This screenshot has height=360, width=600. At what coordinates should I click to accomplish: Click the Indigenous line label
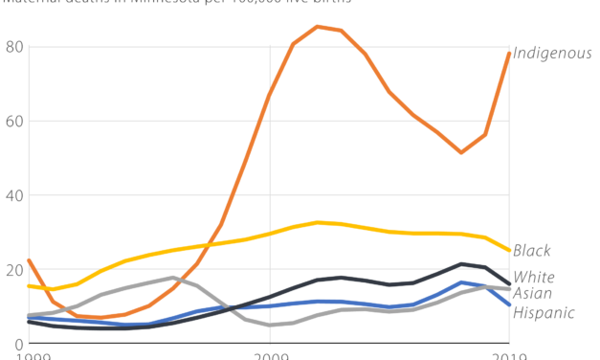(552, 53)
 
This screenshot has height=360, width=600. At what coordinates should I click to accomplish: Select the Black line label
(531, 251)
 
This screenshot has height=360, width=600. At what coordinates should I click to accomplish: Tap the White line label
(533, 278)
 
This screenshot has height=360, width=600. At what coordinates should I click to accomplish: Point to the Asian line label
(532, 293)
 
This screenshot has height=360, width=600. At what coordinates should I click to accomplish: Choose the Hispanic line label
(544, 312)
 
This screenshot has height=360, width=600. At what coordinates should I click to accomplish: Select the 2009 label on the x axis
(270, 355)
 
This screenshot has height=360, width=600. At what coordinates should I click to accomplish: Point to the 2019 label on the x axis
(509, 355)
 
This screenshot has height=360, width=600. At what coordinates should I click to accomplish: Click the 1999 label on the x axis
(29, 355)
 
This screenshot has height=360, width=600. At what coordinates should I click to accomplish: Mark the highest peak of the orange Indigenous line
(318, 27)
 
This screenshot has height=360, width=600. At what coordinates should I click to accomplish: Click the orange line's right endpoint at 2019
(509, 53)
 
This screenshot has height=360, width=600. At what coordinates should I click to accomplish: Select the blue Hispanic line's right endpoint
(509, 305)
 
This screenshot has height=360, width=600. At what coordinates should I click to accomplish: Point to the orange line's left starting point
(29, 260)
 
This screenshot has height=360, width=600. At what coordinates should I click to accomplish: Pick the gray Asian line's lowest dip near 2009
(270, 326)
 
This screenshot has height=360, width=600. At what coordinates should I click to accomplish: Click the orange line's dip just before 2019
(461, 152)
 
